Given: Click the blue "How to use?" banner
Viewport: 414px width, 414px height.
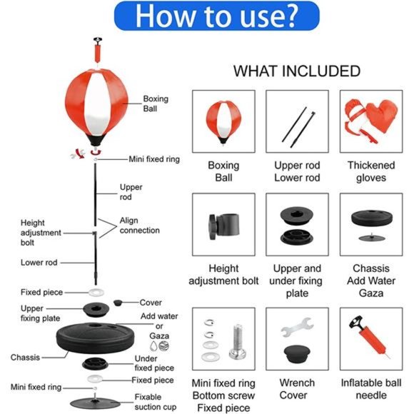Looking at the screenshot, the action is coord(216,16).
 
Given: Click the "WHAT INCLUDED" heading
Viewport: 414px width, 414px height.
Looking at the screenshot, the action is coord(297,71).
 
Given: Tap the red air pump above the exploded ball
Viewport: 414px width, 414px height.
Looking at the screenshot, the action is coord(98,50).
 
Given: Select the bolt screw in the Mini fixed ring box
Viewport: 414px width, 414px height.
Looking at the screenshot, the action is coord(238,342).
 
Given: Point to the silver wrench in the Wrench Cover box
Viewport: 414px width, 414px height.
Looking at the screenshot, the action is coord(297,327).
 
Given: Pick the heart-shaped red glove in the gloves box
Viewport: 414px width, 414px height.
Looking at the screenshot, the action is coord(382,116).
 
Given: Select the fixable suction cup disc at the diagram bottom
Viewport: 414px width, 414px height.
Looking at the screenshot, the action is coord(96,403).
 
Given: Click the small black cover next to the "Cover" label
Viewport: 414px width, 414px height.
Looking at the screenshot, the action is coord(118,303).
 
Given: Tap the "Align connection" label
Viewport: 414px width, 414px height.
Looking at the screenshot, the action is coord(140,226).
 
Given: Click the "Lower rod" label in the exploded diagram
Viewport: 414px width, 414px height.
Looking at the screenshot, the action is coord(39,263).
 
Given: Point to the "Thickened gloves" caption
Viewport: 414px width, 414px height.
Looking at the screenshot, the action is coord(371,171).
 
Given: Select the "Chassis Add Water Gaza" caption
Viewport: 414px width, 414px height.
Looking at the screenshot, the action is coord(371,281).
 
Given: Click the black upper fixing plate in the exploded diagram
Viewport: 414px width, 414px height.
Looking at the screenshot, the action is coord(96,310).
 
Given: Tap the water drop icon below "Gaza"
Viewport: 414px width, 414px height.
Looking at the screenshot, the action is coord(153,346).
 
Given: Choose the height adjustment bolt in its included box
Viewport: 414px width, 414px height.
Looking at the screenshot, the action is coord(224,226).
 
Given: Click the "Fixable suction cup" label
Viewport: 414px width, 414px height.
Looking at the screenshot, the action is coord(156,402).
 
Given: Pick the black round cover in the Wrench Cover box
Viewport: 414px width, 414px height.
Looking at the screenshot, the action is coord(297,353).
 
